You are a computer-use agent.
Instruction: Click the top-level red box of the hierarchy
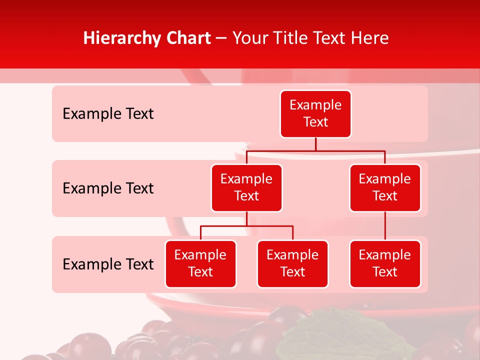click(x=315, y=113)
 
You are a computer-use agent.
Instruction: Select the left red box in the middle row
click(x=246, y=187)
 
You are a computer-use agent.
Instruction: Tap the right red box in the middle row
click(x=385, y=187)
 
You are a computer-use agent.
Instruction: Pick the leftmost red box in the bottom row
click(x=200, y=263)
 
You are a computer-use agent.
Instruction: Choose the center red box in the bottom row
click(x=292, y=263)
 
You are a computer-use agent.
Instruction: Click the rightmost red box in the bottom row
click(x=385, y=263)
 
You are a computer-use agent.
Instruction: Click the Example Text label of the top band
click(x=108, y=113)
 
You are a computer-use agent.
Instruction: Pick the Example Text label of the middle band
click(x=108, y=188)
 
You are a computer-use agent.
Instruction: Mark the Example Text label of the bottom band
click(x=108, y=264)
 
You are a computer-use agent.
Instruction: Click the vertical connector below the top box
click(x=315, y=144)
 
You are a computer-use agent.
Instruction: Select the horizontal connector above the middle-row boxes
click(x=315, y=150)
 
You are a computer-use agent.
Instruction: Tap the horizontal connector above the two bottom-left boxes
click(x=246, y=226)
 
